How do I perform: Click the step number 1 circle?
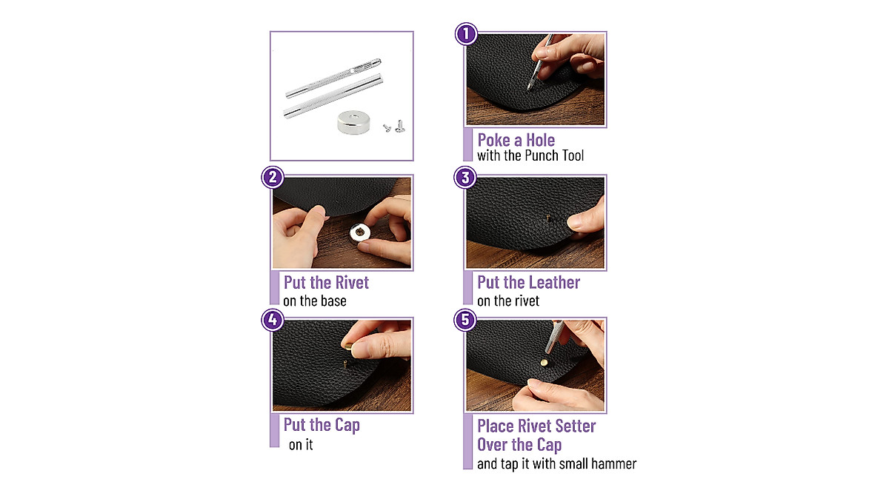[x=465, y=34]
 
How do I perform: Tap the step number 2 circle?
[x=273, y=178]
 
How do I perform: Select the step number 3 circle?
[x=465, y=178]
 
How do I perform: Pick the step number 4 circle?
[x=273, y=320]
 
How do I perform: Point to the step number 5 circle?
[x=465, y=320]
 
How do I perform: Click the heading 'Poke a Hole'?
[x=516, y=140]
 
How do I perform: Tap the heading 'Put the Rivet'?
[x=326, y=282]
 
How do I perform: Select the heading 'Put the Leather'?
[x=528, y=282]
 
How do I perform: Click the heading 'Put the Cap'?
[x=322, y=425]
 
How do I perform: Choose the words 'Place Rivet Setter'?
[x=536, y=426]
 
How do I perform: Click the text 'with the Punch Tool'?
[x=530, y=155]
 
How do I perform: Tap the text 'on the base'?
[x=315, y=301]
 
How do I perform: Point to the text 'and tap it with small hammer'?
[x=556, y=464]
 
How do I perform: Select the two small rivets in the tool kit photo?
[x=390, y=127]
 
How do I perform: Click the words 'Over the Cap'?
[x=519, y=445]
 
